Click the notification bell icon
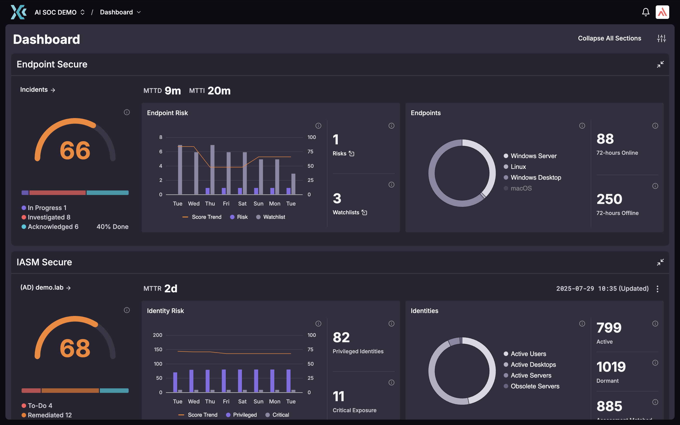click(x=645, y=12)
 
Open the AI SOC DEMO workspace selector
click(x=60, y=12)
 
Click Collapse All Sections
click(x=609, y=38)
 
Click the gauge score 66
click(x=75, y=150)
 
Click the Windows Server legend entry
click(x=533, y=156)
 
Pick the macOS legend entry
click(x=521, y=188)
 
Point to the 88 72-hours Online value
click(x=605, y=139)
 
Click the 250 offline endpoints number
click(x=609, y=199)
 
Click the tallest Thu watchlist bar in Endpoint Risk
click(x=212, y=170)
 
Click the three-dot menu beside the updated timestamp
click(x=657, y=289)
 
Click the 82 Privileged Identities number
click(x=341, y=337)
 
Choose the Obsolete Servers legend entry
click(x=535, y=386)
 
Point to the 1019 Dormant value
click(x=611, y=367)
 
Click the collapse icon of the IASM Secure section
click(x=660, y=262)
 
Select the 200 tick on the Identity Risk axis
click(x=157, y=335)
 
